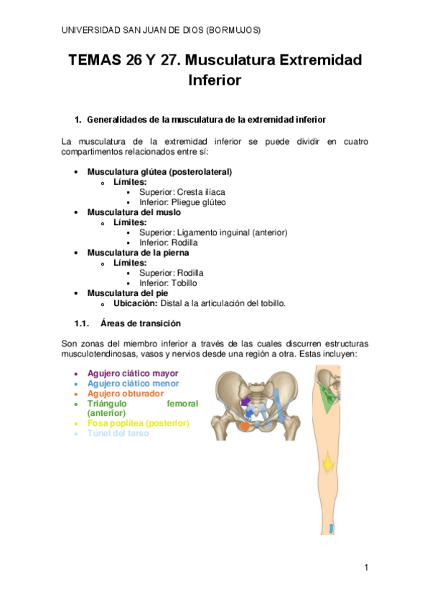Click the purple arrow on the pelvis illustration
(246, 400)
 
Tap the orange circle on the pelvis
(246, 426)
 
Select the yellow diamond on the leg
(327, 464)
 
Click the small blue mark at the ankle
(331, 528)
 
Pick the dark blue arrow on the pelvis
(250, 414)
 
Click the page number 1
(365, 568)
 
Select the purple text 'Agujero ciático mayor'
(133, 374)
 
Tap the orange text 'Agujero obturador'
(125, 394)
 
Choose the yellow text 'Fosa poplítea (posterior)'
(138, 423)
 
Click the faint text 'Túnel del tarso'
(118, 433)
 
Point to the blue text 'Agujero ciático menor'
(133, 384)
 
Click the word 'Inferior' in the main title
(215, 80)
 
